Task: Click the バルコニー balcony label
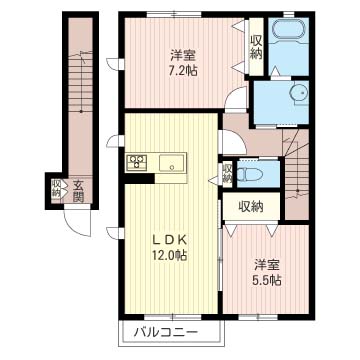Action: click(x=166, y=332)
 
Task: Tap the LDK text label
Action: click(x=170, y=240)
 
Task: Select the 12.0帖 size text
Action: click(x=170, y=256)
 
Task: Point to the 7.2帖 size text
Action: click(x=183, y=70)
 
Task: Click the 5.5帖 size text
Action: click(x=266, y=280)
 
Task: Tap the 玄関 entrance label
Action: click(x=78, y=191)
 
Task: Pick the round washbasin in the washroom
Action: click(x=298, y=92)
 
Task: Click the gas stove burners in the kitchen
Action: click(x=137, y=161)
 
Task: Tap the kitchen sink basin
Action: click(x=172, y=163)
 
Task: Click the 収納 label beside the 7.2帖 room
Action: click(x=256, y=47)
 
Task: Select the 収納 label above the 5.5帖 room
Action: click(x=251, y=207)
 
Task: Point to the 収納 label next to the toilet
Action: click(x=228, y=173)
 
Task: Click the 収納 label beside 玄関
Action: click(x=56, y=188)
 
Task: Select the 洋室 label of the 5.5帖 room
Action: click(x=267, y=265)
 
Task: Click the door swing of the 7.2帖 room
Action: click(x=236, y=98)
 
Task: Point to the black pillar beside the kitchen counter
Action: click(x=138, y=178)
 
